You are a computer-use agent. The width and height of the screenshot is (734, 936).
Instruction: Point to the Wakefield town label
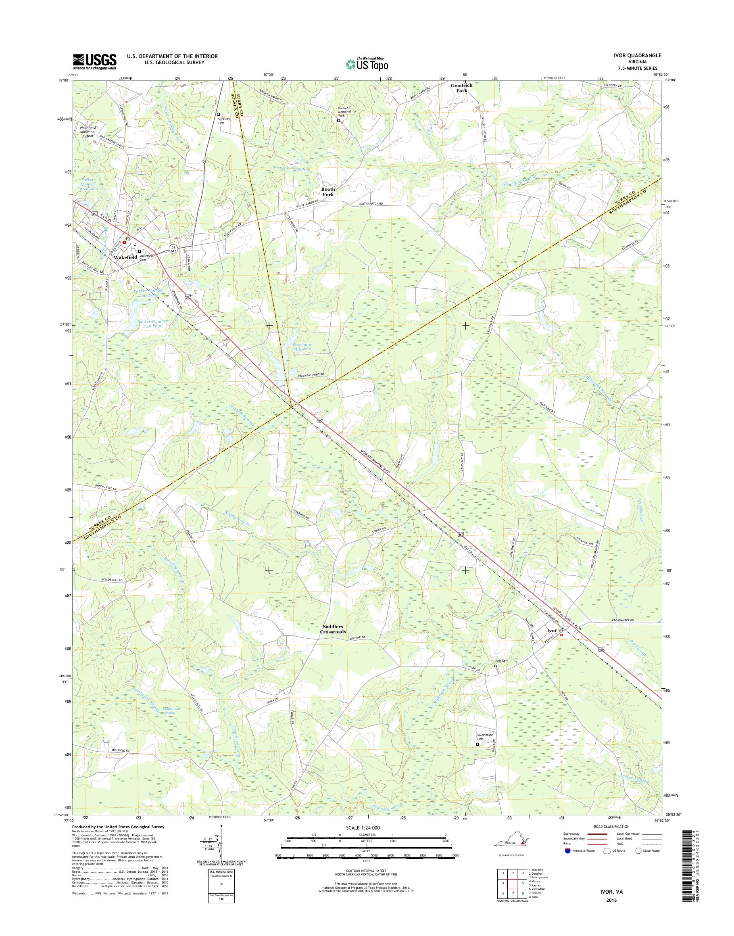pyautogui.click(x=125, y=257)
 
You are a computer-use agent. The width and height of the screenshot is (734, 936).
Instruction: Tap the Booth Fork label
pyautogui.click(x=328, y=192)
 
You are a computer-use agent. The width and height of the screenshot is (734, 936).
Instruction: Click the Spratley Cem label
pyautogui.click(x=224, y=121)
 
